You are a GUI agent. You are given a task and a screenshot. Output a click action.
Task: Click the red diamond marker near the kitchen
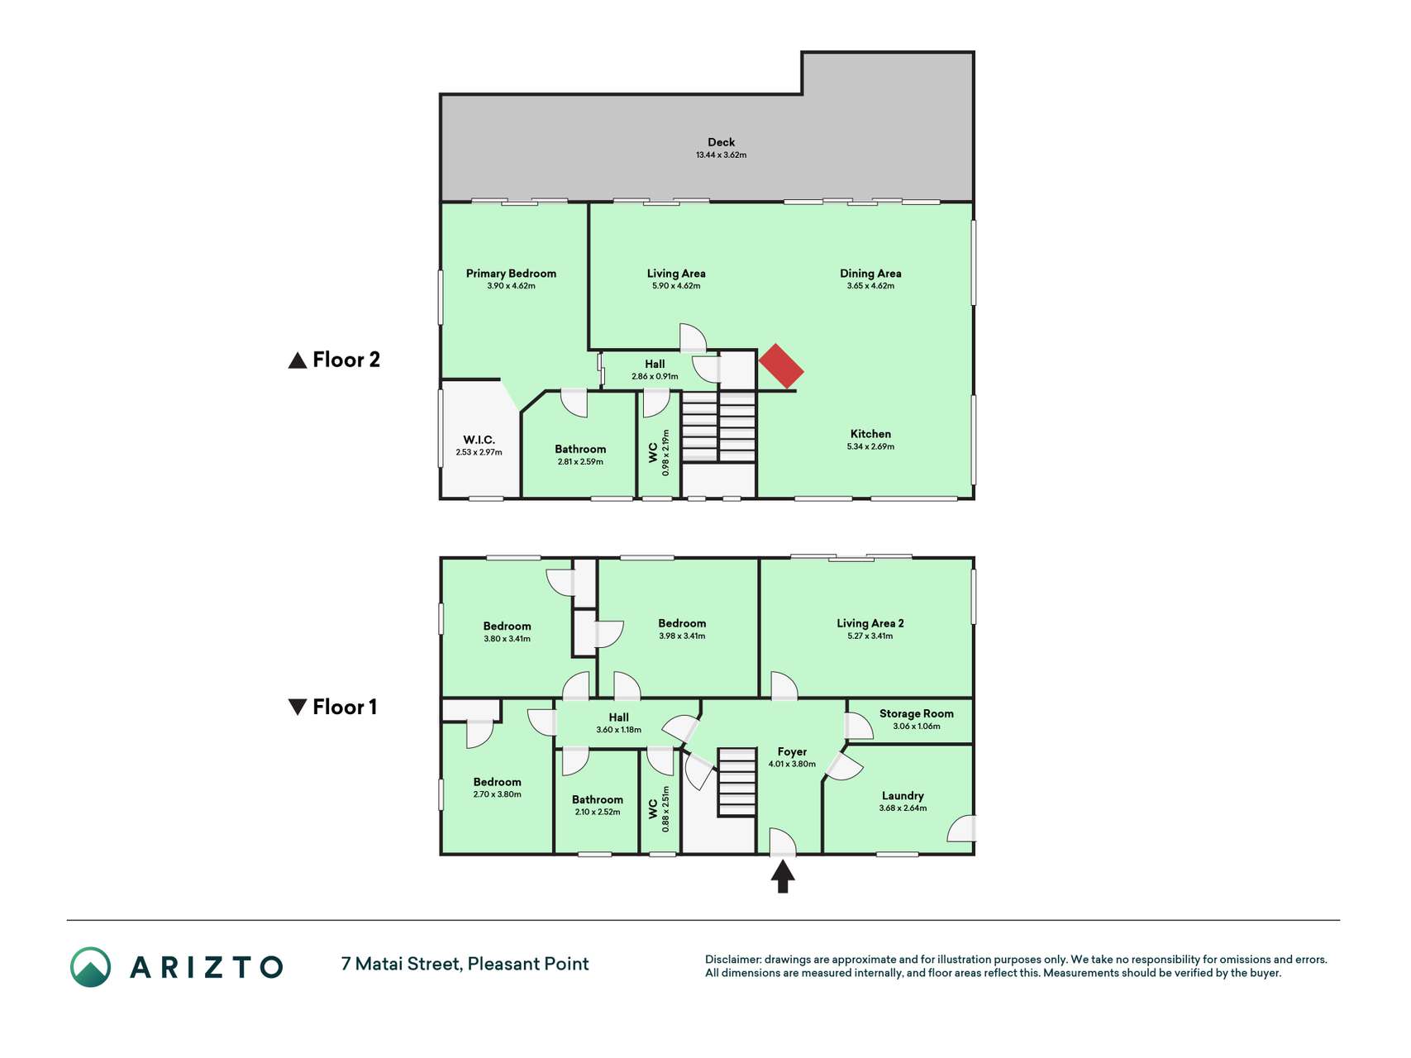point(781,366)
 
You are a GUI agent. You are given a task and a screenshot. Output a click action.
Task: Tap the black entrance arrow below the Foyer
point(783,877)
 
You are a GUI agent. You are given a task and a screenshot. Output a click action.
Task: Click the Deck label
point(721,142)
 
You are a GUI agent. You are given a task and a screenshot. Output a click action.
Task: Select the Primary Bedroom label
point(511,274)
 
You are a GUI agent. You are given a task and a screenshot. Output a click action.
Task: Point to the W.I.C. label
point(479,440)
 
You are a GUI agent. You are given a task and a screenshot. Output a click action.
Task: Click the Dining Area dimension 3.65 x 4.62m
point(870,286)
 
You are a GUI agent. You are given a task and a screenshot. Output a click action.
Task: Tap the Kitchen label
point(870,434)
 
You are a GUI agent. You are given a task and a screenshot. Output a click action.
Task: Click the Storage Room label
point(916,713)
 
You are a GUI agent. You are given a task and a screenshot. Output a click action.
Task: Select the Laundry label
point(903,796)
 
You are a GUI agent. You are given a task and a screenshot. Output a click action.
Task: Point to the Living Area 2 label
point(870,623)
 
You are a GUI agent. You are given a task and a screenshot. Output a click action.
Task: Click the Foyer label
point(792,752)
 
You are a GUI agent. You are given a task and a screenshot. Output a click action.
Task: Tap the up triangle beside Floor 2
point(298,360)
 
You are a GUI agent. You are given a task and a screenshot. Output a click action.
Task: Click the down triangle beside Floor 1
point(298,707)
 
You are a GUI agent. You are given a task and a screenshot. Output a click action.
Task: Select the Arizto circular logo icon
point(90,967)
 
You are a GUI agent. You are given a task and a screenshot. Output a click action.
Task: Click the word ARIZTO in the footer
point(207,967)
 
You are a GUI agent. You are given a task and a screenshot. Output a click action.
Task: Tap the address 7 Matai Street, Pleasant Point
point(465,964)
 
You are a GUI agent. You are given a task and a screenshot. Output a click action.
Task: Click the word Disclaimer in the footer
point(732,960)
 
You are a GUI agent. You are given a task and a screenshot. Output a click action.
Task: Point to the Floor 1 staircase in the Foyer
point(736,783)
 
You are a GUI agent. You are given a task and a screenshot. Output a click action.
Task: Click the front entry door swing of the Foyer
point(783,841)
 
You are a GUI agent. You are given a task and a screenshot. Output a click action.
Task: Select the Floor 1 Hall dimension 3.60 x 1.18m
point(618,730)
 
